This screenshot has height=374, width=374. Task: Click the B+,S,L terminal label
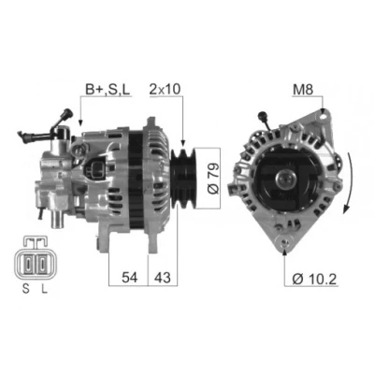(x=108, y=90)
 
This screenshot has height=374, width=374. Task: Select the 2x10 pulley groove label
(x=165, y=89)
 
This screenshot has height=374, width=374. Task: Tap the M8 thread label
(x=303, y=90)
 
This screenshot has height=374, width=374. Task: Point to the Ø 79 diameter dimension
(x=213, y=179)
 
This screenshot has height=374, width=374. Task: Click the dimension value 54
(x=130, y=277)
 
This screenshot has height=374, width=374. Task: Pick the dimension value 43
(x=163, y=277)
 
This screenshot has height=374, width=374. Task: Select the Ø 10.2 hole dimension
(x=315, y=280)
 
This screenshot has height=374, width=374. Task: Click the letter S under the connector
(x=26, y=289)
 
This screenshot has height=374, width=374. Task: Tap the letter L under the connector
(x=45, y=289)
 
